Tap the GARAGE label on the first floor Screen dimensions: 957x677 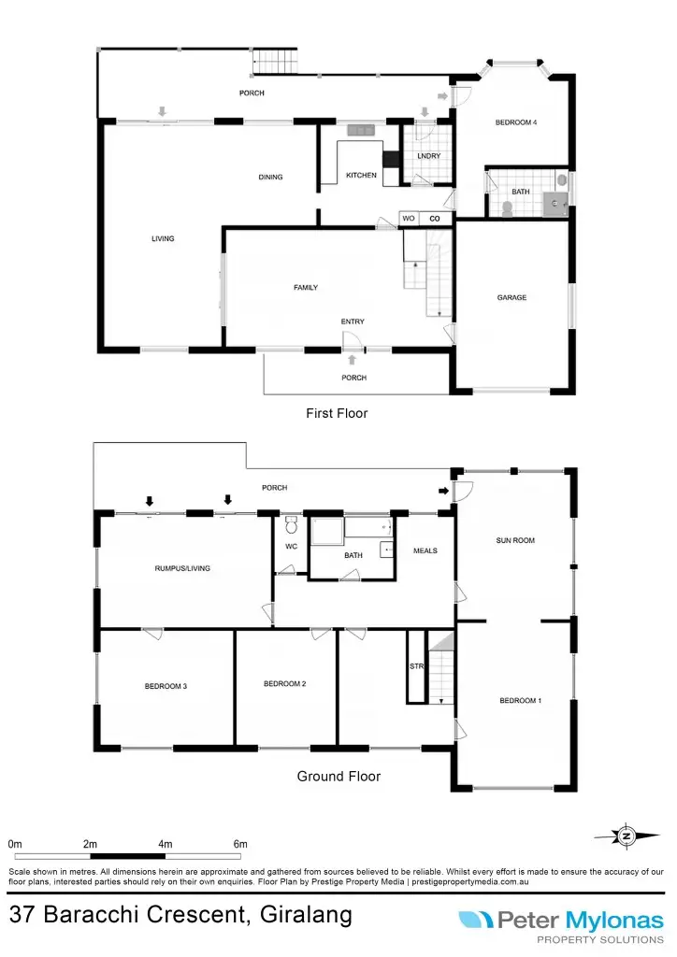point(511,298)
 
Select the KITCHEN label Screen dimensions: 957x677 point(361,176)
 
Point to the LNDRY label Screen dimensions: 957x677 point(429,156)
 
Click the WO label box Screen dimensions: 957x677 point(409,219)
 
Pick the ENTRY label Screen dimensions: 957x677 point(353,321)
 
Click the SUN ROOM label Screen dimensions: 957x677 point(515,540)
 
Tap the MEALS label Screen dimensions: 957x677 point(425,550)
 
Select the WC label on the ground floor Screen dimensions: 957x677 point(290,547)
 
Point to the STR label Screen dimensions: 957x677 point(416,667)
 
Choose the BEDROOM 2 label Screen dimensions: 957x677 point(285,683)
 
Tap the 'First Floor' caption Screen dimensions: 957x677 point(337,413)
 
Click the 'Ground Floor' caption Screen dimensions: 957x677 point(338,776)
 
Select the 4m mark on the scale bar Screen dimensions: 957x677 point(166,845)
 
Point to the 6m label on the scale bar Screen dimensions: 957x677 point(240,845)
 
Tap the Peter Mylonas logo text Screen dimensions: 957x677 point(580,921)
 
